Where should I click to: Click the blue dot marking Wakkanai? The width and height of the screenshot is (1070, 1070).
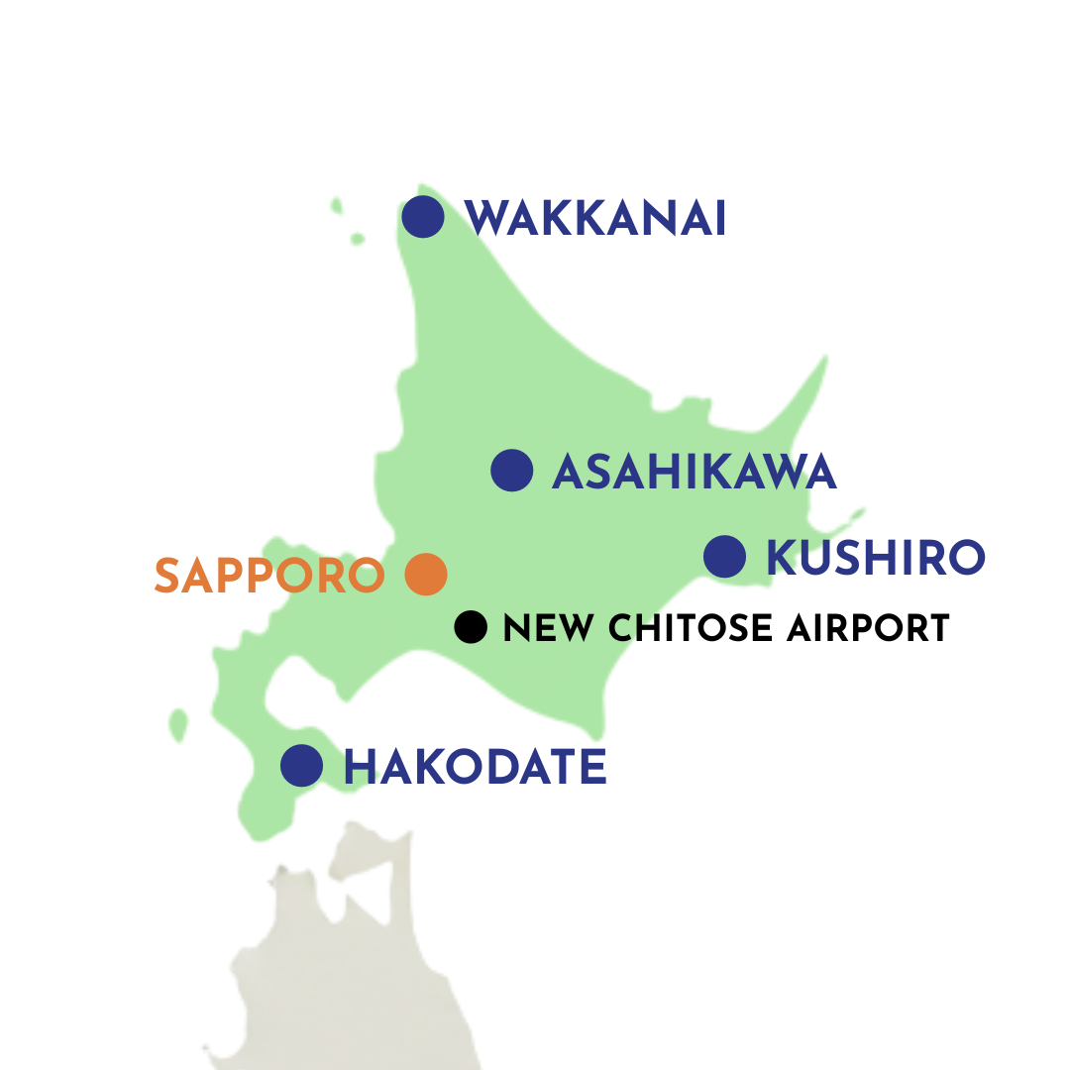[x=423, y=216]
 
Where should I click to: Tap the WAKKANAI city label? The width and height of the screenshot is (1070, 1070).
[x=595, y=218]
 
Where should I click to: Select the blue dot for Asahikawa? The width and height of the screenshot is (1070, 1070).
[x=512, y=471]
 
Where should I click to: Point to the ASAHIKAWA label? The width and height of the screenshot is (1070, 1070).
[x=695, y=473]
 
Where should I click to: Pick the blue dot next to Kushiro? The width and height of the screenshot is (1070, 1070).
[x=724, y=556]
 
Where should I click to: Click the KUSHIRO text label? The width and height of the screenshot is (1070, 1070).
[x=876, y=558]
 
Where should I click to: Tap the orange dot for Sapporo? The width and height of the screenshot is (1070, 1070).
[x=426, y=574]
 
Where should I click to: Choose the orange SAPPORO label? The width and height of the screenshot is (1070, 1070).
[x=269, y=576]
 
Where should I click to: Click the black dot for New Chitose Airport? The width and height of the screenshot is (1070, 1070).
[x=471, y=626]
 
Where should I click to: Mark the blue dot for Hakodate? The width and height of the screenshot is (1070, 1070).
[x=302, y=765]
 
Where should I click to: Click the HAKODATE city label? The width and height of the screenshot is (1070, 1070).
[x=475, y=767]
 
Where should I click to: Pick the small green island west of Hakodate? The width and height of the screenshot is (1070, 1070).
[x=178, y=724]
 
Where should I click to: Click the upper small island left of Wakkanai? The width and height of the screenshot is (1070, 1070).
[x=337, y=206]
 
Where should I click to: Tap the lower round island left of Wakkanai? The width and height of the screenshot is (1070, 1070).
[x=358, y=239]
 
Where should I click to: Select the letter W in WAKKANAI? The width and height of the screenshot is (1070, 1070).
[x=486, y=218]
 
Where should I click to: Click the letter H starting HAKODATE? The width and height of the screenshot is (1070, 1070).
[x=361, y=767]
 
